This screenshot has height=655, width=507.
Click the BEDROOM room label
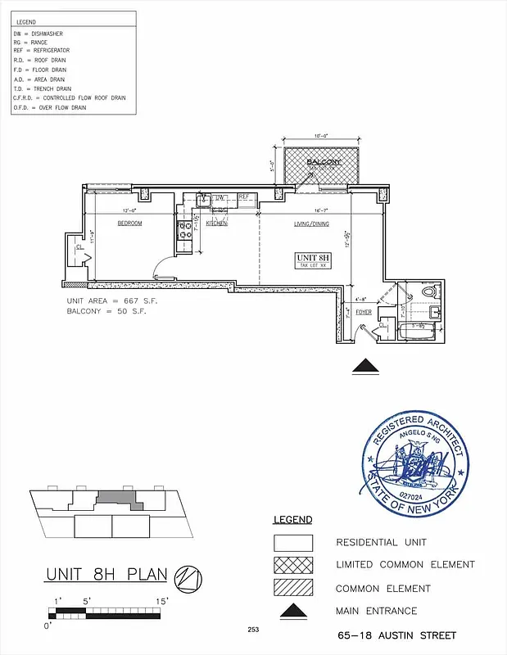click(129, 224)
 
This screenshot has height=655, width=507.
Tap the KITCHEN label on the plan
click(216, 224)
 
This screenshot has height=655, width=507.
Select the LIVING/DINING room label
click(311, 224)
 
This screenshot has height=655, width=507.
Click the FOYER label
click(364, 312)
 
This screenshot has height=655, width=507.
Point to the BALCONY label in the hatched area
click(324, 163)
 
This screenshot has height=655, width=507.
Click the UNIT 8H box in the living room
click(313, 261)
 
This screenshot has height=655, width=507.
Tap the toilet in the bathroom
click(428, 292)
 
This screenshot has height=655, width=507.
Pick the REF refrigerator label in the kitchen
click(243, 197)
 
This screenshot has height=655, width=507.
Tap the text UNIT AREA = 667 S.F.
click(111, 301)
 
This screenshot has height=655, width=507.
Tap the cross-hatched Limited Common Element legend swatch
click(292, 565)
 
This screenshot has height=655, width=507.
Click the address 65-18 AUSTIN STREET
click(396, 635)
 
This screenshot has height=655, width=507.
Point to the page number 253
click(253, 630)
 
